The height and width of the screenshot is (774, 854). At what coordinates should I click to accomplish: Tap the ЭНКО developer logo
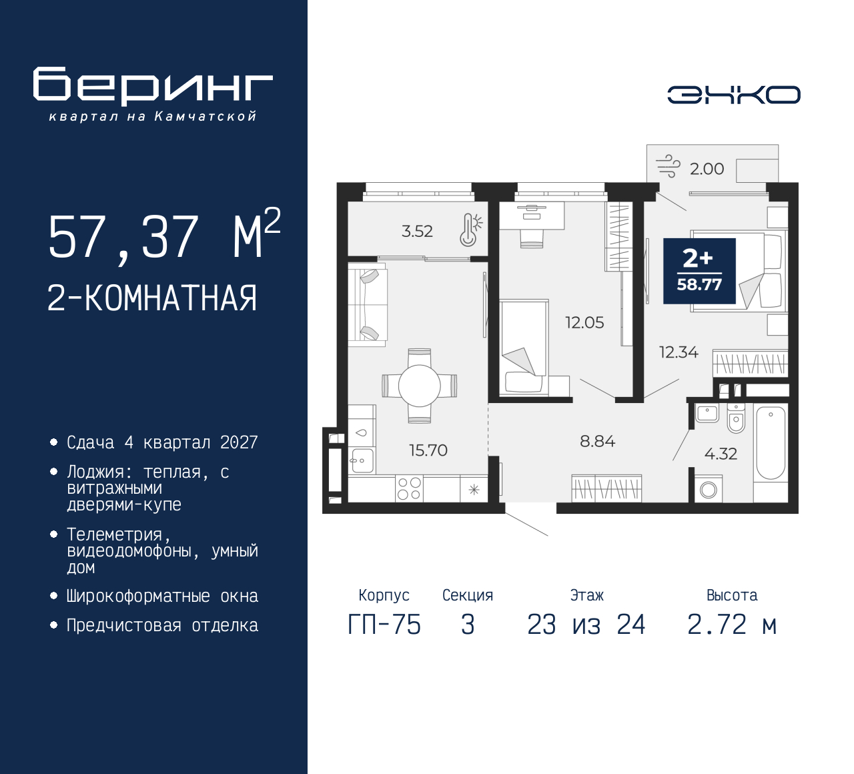[x=734, y=95]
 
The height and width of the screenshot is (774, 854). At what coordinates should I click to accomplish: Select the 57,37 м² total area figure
[x=164, y=236]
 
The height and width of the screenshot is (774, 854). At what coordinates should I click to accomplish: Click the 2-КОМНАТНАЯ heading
[x=152, y=298]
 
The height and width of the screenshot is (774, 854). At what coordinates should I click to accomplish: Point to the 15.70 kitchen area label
[x=428, y=450]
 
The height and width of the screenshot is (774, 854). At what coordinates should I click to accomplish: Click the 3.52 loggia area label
[x=417, y=231]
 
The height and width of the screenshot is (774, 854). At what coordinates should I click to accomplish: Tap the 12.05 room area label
[x=584, y=323]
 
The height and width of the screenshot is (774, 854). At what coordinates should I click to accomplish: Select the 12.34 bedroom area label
[x=679, y=352]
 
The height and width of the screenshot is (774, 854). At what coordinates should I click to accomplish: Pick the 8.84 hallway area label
[x=597, y=442]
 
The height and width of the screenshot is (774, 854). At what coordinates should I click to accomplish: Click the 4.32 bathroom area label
[x=721, y=454]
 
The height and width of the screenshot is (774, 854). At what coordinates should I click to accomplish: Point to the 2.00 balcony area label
[x=707, y=169]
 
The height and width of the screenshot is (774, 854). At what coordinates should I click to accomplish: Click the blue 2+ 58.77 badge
[x=699, y=271]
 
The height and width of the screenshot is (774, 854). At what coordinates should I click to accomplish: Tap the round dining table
[x=420, y=386]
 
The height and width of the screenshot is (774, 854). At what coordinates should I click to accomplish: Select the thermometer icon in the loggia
[x=470, y=230]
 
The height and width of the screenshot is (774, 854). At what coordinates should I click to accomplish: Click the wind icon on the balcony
[x=668, y=166]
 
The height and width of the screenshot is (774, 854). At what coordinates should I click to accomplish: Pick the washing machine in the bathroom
[x=709, y=490]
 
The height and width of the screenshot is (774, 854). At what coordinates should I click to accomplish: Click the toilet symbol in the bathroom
[x=736, y=418]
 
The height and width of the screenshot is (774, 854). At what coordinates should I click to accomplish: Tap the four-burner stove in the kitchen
[x=409, y=488]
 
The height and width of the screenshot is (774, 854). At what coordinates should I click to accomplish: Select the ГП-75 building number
[x=384, y=625]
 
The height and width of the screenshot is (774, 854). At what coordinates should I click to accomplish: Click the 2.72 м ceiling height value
[x=732, y=625]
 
